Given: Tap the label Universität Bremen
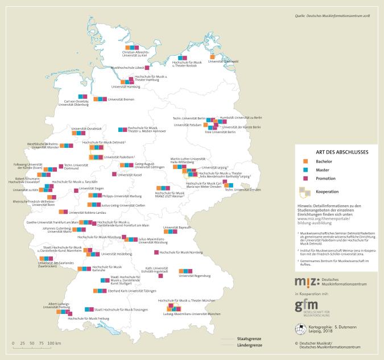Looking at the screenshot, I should (x=121, y=99).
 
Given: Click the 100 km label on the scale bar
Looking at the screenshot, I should (x=55, y=344).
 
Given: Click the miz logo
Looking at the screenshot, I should (x=303, y=282).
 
